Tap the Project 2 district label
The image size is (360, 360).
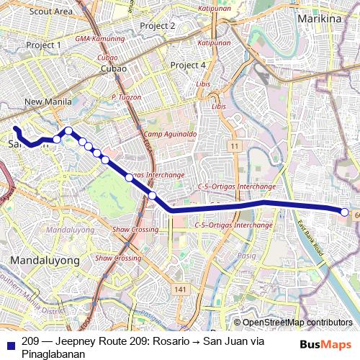(158, 25)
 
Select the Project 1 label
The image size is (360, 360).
(43, 45)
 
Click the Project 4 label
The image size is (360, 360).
(189, 66)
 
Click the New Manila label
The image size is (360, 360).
(49, 102)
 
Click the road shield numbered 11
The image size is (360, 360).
(234, 146)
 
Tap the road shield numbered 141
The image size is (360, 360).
(180, 289)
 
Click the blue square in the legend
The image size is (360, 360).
(9, 342)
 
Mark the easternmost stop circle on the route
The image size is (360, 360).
(345, 212)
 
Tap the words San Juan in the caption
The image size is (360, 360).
(223, 342)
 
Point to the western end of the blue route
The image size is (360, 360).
(15, 128)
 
